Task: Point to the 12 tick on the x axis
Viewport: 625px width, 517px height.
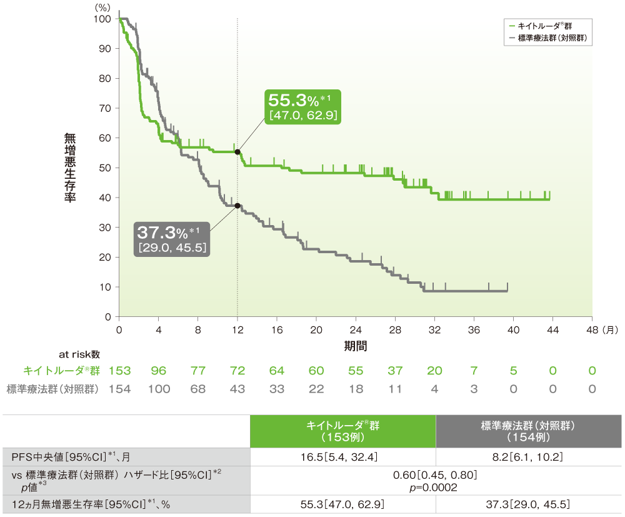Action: tap(237, 329)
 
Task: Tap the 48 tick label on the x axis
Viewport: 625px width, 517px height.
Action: tap(593, 329)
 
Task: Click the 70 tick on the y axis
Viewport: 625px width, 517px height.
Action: tap(106, 108)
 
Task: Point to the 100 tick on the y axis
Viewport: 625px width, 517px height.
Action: tap(103, 19)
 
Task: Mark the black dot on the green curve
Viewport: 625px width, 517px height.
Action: tap(237, 151)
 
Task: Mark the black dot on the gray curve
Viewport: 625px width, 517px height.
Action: tap(237, 206)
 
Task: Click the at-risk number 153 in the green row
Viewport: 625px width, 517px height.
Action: tap(119, 371)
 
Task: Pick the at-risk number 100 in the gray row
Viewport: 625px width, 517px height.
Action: tap(159, 389)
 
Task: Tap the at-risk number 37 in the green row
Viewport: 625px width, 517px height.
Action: tap(395, 371)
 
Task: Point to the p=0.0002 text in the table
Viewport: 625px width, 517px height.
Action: tap(435, 488)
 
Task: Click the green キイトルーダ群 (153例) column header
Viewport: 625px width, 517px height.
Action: tap(342, 431)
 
